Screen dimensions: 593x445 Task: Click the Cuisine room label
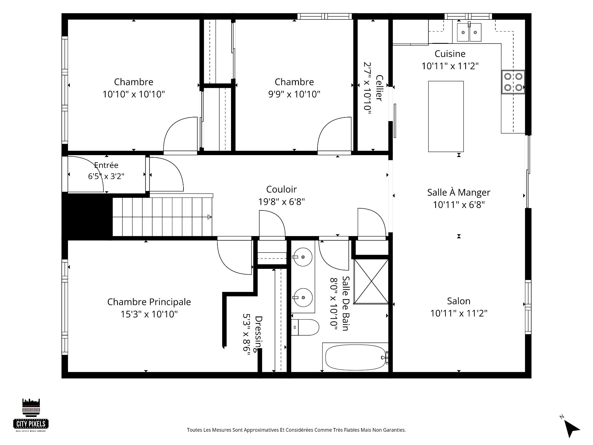pos(450,54)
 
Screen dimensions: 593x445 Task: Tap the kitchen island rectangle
pos(446,117)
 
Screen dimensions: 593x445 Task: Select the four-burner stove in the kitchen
pos(513,82)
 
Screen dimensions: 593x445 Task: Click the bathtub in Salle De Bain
pos(355,357)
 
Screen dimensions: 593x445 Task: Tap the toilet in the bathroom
pos(305,328)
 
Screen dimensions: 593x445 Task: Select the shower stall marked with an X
pos(371,282)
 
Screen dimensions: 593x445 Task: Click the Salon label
pos(459,301)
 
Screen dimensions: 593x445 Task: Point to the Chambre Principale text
pos(149,302)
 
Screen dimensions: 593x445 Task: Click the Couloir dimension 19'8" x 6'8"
pos(281,202)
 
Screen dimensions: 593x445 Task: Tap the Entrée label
pos(106,165)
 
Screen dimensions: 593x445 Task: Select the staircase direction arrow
pos(209,217)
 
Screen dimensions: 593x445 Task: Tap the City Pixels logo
pos(31,415)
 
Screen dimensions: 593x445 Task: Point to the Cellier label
pos(380,88)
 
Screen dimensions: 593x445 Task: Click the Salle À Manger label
pos(459,193)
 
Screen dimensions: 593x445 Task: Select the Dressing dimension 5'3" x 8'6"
pos(246,335)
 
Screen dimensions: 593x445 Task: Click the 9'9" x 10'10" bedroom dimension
pos(294,94)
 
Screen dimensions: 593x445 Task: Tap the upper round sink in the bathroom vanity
pos(303,257)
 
